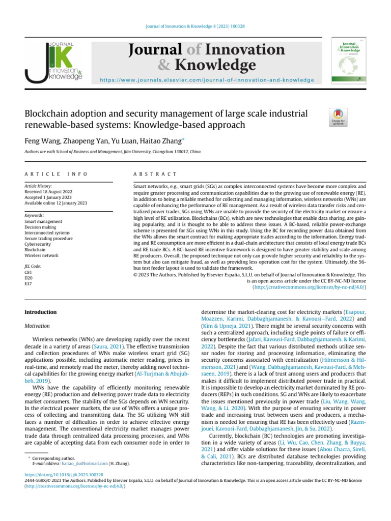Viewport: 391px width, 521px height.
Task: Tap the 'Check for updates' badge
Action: click(337, 118)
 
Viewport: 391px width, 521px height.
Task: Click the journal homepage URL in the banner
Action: click(207, 80)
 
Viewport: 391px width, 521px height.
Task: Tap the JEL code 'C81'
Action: click(29, 272)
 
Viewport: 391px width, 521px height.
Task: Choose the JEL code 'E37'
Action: click(29, 284)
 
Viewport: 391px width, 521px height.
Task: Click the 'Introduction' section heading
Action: click(41, 312)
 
